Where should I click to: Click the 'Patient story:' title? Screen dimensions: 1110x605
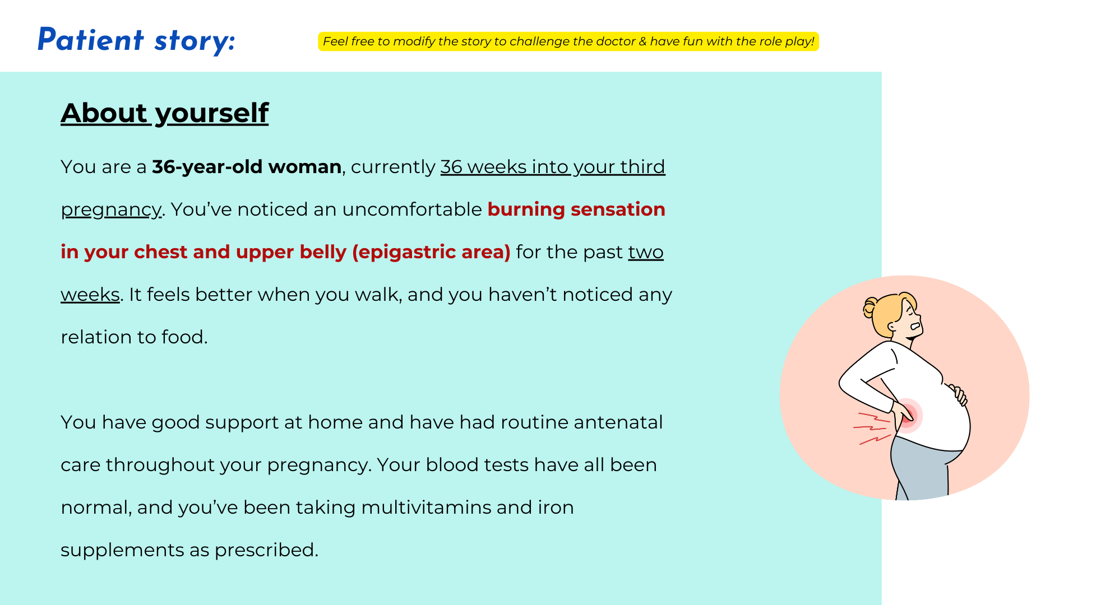tap(136, 40)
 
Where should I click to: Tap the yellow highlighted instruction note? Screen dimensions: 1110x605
tap(568, 41)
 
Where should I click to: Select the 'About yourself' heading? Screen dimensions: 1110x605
tap(165, 113)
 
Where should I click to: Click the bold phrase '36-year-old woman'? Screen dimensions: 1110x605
tap(247, 167)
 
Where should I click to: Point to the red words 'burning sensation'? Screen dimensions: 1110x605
tap(576, 210)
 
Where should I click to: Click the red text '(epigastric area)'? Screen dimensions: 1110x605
tap(431, 252)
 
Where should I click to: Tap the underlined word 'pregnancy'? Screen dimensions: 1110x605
tap(111, 210)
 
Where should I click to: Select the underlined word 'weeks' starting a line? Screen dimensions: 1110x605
tap(90, 295)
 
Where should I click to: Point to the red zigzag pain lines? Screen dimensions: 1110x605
tap(872, 429)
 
